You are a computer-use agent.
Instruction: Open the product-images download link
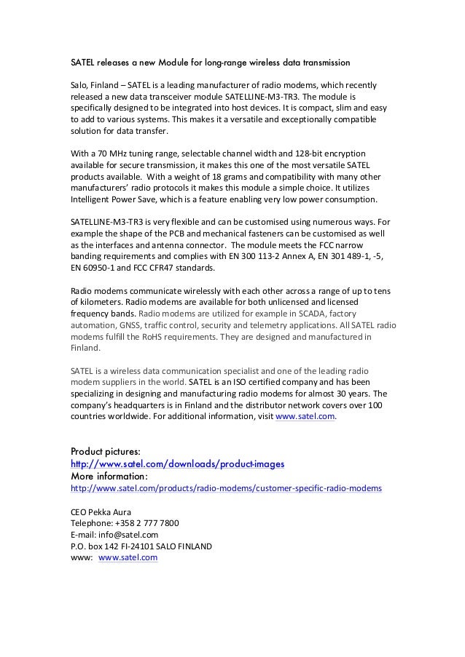[x=176, y=463]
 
